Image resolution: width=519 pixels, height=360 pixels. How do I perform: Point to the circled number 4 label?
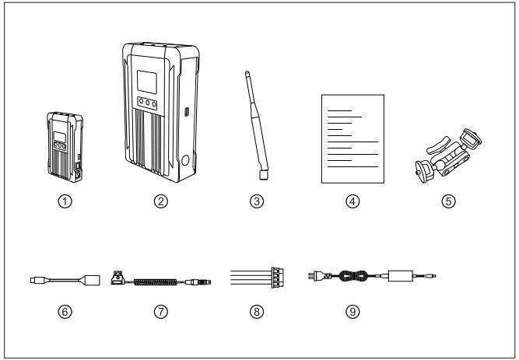point(352,200)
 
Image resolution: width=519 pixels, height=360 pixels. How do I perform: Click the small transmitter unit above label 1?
point(64,145)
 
